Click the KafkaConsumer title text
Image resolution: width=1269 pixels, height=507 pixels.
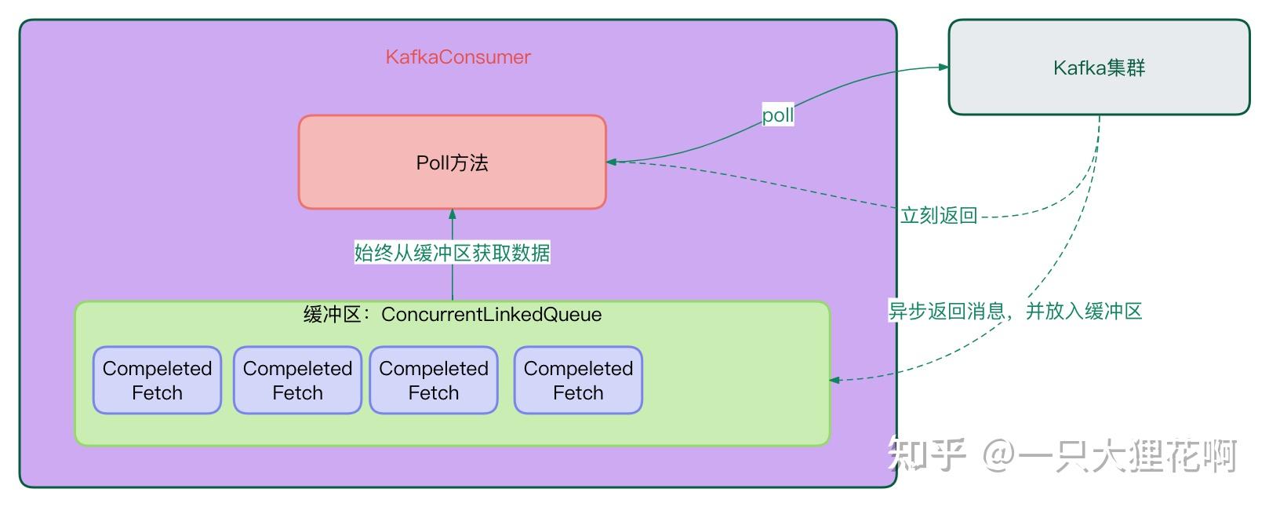(458, 57)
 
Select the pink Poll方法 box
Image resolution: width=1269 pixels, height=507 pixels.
(452, 162)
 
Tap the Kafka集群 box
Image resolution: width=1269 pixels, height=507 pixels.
(1099, 67)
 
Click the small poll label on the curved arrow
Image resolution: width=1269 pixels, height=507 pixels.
(778, 115)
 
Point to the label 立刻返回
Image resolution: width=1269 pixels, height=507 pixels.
(939, 215)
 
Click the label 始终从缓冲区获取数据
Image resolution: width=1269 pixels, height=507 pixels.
(452, 253)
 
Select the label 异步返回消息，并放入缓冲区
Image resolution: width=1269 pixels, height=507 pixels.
(1015, 311)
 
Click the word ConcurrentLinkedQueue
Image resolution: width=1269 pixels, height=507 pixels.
(492, 315)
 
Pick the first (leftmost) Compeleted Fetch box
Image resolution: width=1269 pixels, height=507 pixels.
(157, 381)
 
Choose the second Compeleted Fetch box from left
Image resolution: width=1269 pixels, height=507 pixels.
(297, 381)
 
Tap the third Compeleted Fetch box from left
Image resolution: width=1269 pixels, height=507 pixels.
(434, 381)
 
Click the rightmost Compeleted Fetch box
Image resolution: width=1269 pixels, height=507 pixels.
(578, 381)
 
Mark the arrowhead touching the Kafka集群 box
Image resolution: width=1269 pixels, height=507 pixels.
(944, 67)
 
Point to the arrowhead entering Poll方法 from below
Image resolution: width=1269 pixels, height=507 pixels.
(452, 213)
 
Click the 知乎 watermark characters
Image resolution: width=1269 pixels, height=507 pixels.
(925, 455)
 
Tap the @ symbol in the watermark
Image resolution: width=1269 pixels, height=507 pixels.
(999, 456)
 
